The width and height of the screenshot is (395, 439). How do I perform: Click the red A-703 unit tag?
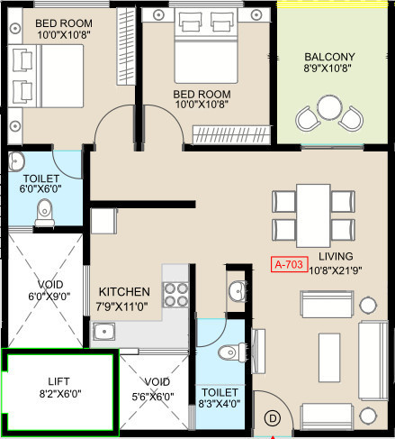click(290, 264)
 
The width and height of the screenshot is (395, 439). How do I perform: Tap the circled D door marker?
click(273, 418)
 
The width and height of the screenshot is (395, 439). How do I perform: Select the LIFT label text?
click(58, 381)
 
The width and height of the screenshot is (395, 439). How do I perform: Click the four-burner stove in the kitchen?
click(175, 295)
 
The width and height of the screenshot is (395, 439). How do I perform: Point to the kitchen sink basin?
click(104, 332)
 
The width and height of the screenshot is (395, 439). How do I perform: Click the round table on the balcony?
click(329, 107)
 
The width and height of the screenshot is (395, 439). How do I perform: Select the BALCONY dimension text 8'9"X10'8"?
click(328, 68)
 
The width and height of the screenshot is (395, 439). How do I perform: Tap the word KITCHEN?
click(124, 292)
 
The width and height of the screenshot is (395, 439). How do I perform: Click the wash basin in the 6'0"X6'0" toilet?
click(16, 161)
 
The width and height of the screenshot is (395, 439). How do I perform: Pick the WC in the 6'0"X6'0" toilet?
click(45, 213)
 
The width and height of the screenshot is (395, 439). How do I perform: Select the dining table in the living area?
click(313, 215)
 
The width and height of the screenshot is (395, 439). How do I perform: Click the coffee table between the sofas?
click(329, 357)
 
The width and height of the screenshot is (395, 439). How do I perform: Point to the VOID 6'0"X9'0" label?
click(49, 290)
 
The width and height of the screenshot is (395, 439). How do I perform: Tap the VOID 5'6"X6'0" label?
click(153, 389)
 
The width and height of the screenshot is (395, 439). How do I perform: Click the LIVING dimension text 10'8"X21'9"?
click(336, 270)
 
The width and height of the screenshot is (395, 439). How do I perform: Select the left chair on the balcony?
click(307, 119)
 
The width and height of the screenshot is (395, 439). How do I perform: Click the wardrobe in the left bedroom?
click(126, 46)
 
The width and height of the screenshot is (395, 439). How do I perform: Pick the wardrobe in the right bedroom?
click(231, 134)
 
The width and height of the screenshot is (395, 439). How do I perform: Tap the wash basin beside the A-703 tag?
click(238, 291)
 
